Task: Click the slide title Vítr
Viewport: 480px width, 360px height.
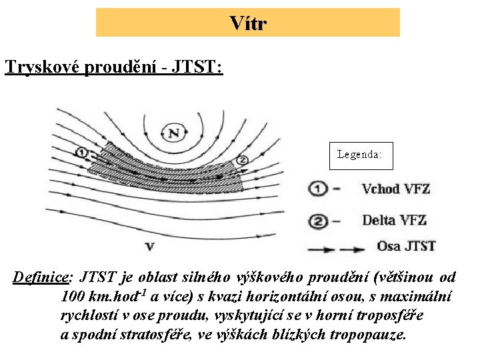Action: point(247,23)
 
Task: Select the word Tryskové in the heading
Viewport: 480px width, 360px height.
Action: point(42,67)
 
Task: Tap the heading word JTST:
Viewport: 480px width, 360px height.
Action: point(197,67)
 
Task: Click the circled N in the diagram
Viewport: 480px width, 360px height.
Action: point(174,133)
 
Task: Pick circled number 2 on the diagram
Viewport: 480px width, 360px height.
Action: point(242,160)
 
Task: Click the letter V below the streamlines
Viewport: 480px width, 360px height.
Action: point(149,247)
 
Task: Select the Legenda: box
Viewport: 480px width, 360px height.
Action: point(360,155)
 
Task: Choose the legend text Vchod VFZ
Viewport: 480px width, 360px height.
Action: point(395,189)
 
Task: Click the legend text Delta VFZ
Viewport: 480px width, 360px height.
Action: point(394,219)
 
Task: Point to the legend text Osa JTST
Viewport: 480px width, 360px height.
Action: point(406,246)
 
